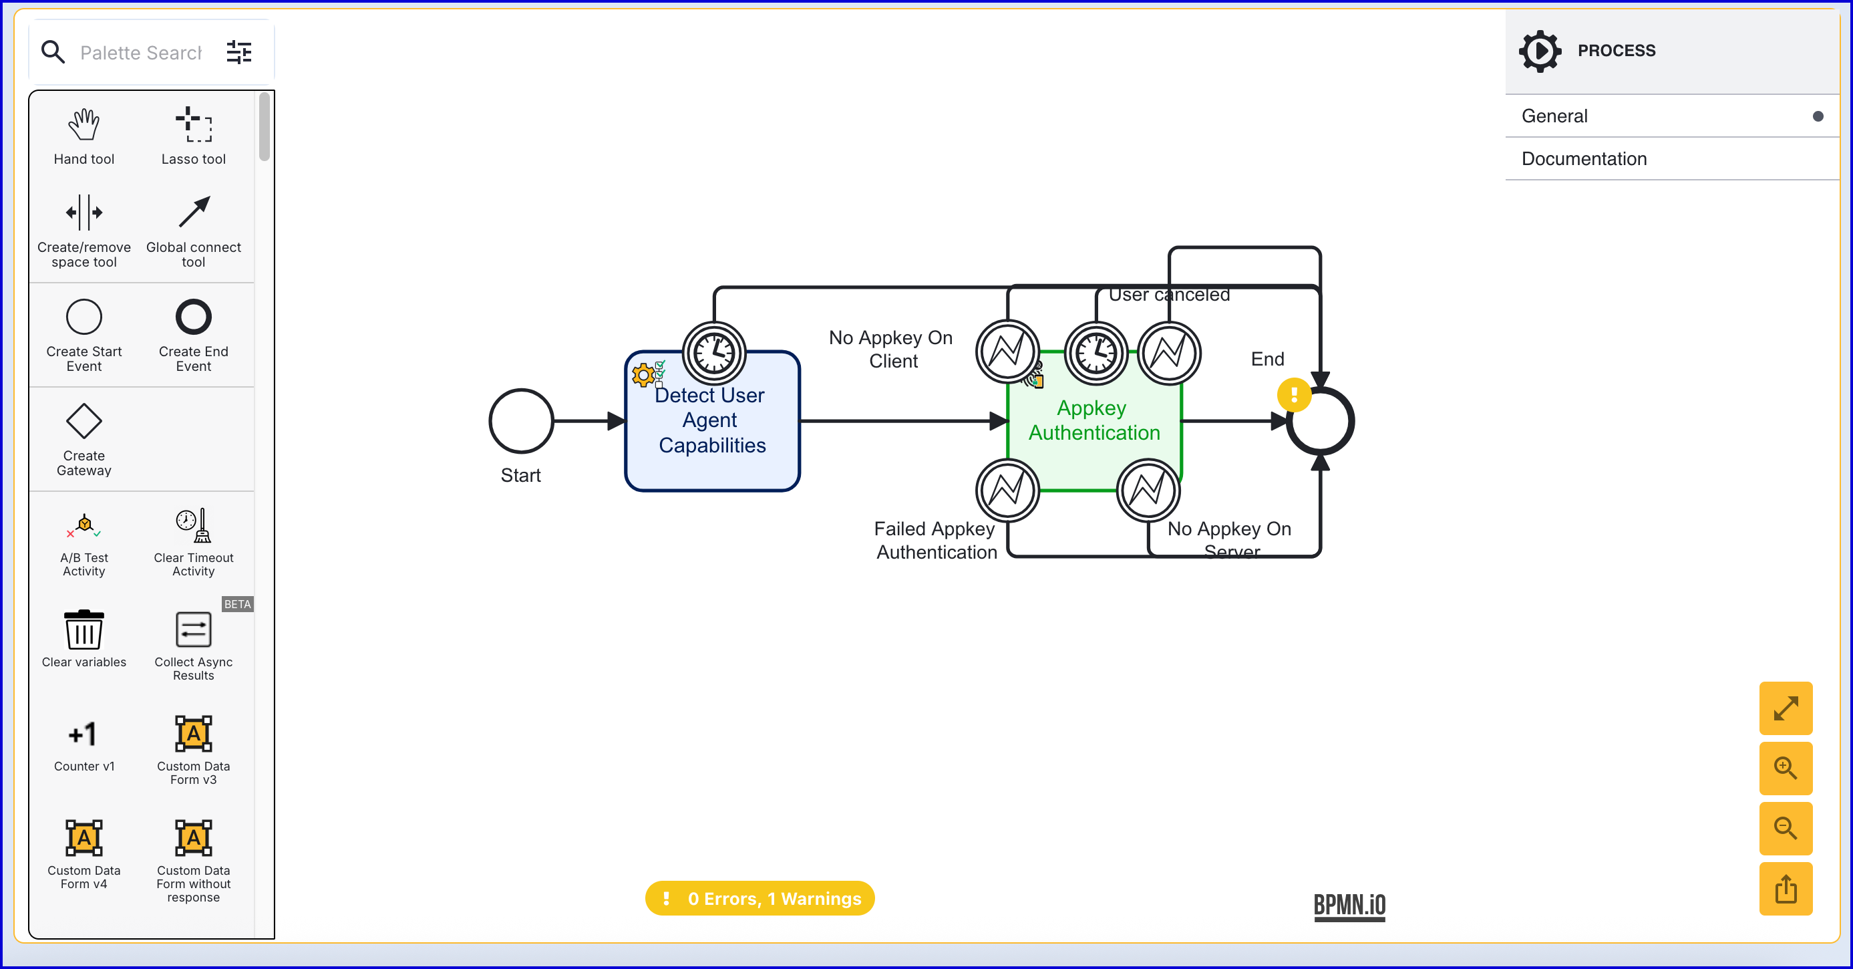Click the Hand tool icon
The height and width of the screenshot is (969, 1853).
coord(84,125)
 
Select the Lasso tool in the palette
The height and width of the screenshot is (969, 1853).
coord(194,125)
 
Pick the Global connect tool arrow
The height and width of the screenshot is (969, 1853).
coord(194,213)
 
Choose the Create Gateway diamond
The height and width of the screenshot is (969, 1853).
coord(84,421)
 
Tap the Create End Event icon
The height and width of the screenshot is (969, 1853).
coord(194,317)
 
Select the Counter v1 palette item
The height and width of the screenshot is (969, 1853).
coord(84,734)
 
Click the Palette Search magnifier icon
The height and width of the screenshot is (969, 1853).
coord(53,52)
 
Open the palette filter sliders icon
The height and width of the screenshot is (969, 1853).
coord(239,52)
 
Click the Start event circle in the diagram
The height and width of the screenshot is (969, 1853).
coord(521,421)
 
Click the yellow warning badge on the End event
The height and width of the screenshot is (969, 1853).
coord(1293,395)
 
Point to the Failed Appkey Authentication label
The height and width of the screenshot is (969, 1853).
coord(936,540)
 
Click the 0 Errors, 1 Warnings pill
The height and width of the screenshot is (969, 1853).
coord(760,899)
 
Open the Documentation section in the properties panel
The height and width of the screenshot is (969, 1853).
coord(1584,159)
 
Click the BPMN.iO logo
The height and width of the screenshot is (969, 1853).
coord(1349,905)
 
